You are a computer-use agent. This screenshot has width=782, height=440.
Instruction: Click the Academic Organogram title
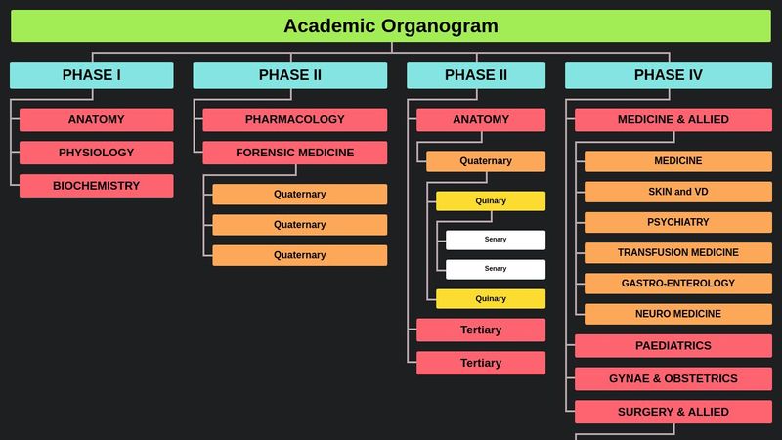click(391, 26)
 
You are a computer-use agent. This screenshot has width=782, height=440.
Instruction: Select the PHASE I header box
click(92, 75)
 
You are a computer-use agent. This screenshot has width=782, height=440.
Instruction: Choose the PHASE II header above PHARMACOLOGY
click(290, 75)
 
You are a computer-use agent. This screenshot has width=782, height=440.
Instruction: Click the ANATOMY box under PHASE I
click(97, 119)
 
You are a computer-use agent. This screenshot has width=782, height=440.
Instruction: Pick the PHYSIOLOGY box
click(97, 153)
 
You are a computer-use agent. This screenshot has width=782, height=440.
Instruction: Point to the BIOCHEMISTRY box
click(97, 186)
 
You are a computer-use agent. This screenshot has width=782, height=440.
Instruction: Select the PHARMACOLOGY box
click(295, 119)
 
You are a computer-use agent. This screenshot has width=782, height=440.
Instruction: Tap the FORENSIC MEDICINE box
click(295, 153)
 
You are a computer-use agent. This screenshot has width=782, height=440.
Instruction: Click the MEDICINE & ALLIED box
click(673, 119)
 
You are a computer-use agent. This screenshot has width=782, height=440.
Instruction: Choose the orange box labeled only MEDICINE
click(678, 161)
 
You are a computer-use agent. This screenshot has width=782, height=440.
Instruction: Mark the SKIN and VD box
click(678, 192)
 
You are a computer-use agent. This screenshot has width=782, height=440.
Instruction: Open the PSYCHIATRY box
click(678, 222)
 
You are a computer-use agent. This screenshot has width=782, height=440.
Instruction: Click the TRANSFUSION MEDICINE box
click(678, 252)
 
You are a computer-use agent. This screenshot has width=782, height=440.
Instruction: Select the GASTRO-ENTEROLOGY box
click(678, 284)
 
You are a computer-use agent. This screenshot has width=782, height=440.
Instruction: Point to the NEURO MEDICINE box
click(678, 314)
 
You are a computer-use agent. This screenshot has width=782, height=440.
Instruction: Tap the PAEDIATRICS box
click(673, 346)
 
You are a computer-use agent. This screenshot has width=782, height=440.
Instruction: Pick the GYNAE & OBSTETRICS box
click(673, 378)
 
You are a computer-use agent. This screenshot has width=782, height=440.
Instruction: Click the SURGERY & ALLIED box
click(673, 412)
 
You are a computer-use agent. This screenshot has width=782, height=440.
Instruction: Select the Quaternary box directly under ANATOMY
click(486, 161)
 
